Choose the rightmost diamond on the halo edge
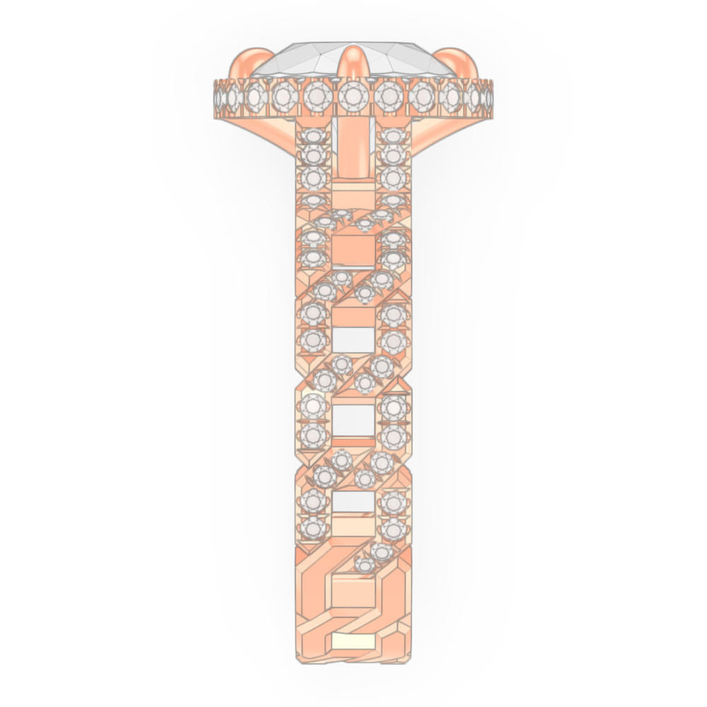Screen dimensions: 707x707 487,96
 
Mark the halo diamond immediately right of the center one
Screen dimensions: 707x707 388,96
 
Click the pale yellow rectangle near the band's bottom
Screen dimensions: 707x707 353,641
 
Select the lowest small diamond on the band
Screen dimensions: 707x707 365,565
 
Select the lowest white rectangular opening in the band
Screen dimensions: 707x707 353,502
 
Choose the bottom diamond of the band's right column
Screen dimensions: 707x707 393,527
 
